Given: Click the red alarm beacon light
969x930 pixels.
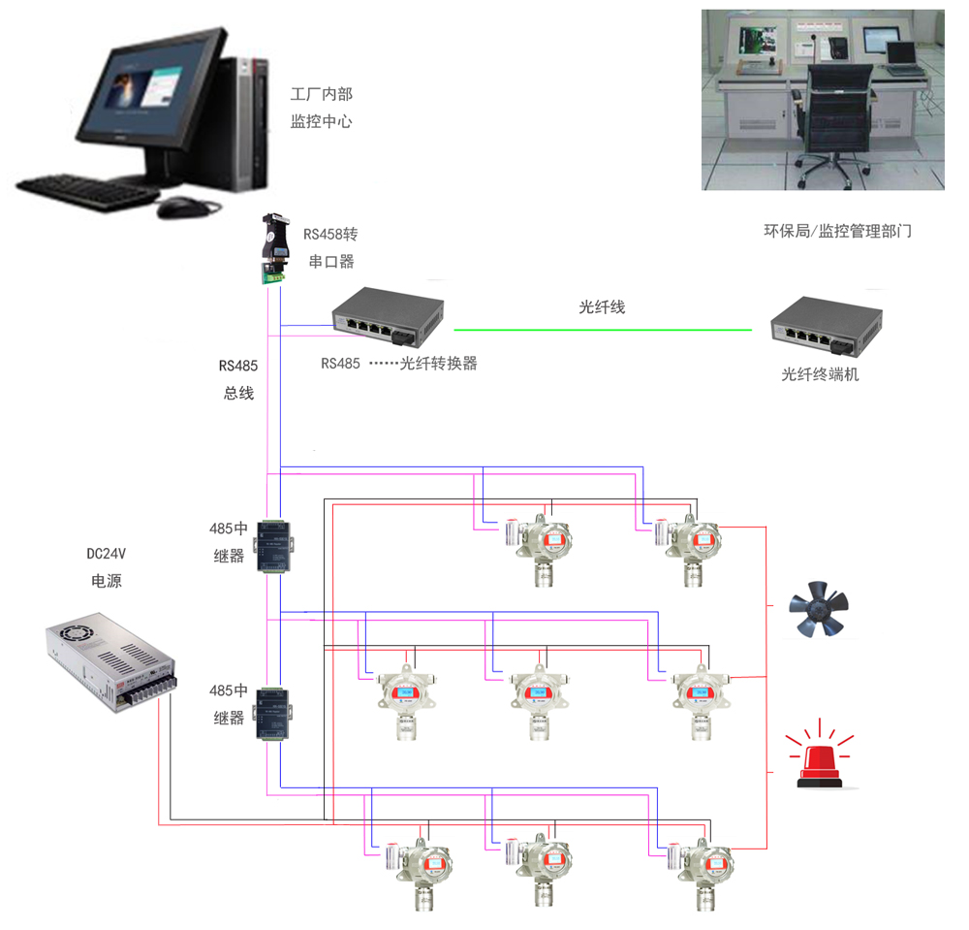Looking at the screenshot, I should [820, 758].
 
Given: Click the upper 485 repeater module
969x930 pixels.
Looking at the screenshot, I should [274, 548].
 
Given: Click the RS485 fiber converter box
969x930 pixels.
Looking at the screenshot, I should [388, 318].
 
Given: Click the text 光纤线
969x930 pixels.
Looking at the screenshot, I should [602, 307].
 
